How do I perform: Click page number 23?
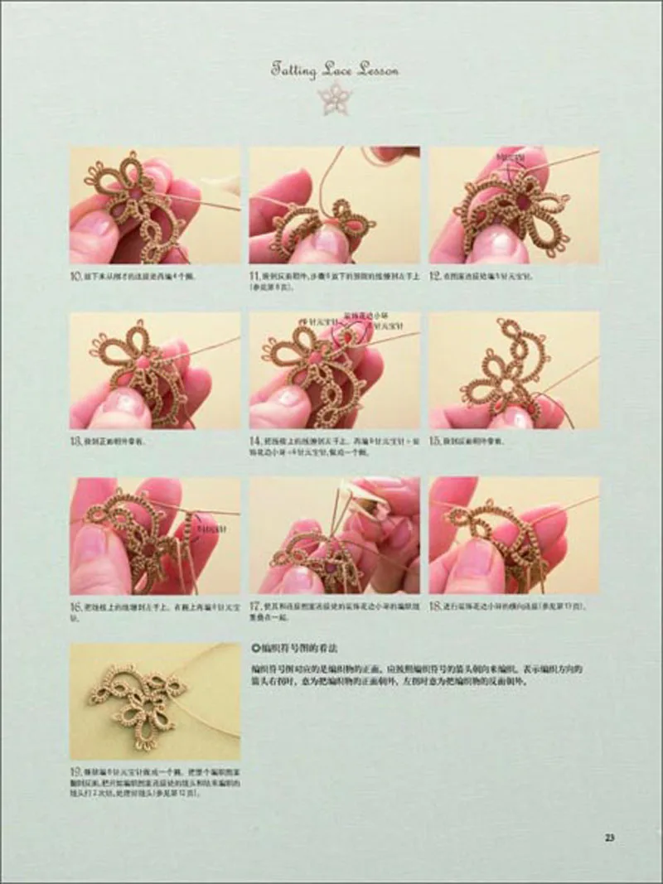point(609,837)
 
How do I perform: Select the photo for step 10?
point(155,205)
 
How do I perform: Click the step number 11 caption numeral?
point(255,273)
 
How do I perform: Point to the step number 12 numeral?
point(435,273)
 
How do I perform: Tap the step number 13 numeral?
point(75,441)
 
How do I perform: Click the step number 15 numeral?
point(435,441)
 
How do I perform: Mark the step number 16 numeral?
point(75,606)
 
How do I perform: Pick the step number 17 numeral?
point(255,606)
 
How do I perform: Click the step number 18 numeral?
point(435,606)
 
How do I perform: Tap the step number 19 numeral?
point(75,772)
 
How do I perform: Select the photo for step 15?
point(514,370)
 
